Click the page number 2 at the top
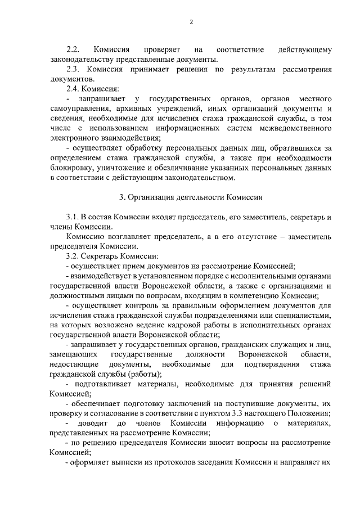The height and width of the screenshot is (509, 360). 191,22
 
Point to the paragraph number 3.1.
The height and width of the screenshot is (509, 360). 73,217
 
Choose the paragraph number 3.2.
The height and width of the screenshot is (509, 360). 73,256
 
